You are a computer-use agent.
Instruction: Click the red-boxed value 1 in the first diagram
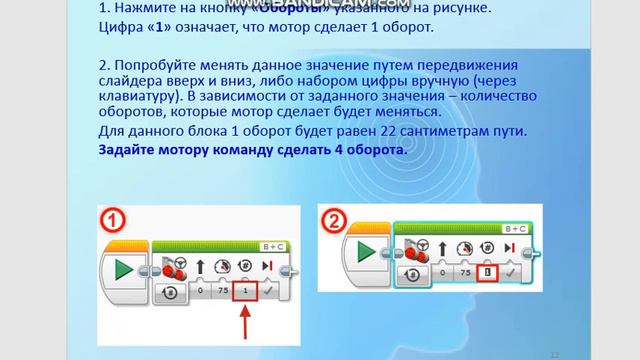pos(246,290)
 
